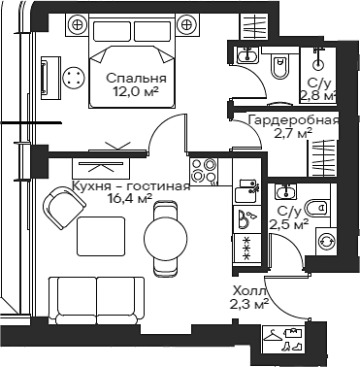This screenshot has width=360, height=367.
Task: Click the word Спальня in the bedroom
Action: [x=136, y=79]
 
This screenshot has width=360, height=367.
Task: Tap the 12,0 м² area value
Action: [x=136, y=95]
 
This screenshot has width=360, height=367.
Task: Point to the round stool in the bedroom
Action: [x=74, y=79]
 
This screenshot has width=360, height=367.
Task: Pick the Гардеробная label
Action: [x=292, y=120]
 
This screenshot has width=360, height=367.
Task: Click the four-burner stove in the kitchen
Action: [x=203, y=170]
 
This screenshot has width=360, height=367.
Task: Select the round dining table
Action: [x=163, y=233]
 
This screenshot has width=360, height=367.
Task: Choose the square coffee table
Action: [x=100, y=236]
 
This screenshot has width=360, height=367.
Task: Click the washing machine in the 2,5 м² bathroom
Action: [x=325, y=237]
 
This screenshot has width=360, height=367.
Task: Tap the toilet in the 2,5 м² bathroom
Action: [x=316, y=207]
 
